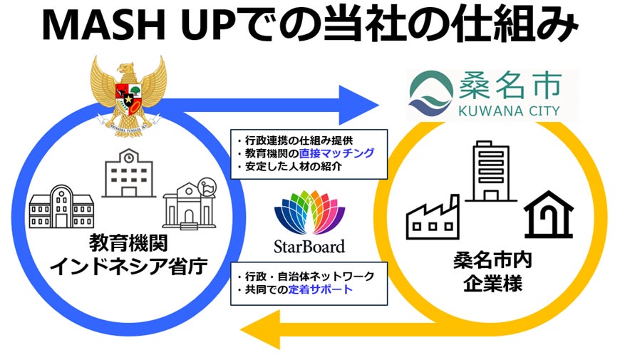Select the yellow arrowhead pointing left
[x=258, y=329]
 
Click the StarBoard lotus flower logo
[x=309, y=212]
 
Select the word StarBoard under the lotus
[x=309, y=247]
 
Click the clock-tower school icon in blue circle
[x=128, y=173]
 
